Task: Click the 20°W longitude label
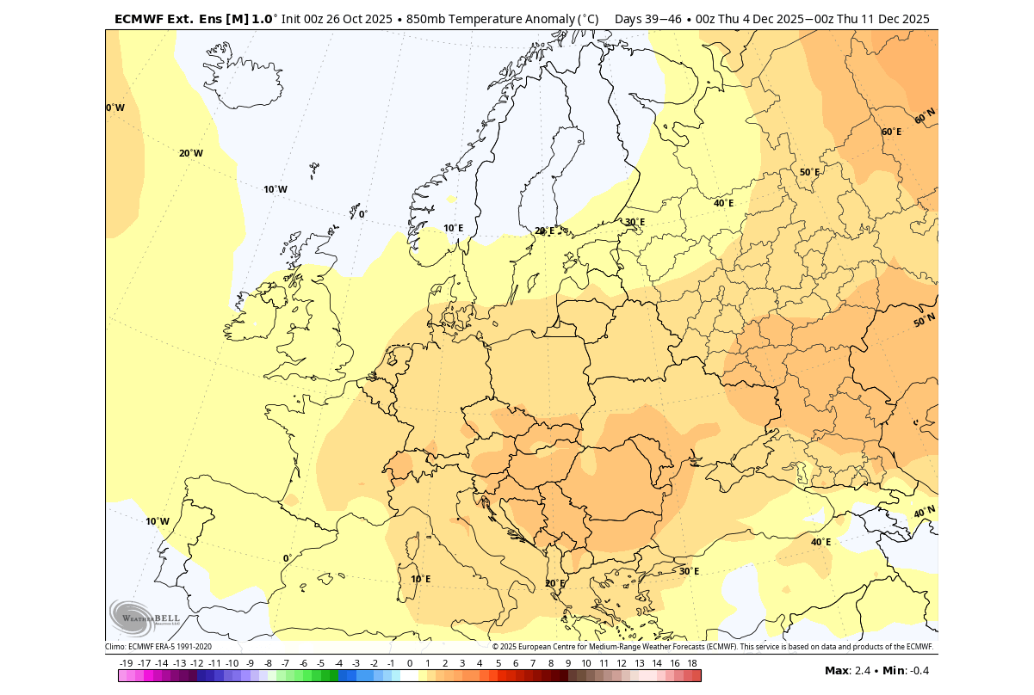tap(191, 153)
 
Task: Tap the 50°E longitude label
tap(809, 172)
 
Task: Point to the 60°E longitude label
tap(891, 132)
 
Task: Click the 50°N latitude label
tap(924, 320)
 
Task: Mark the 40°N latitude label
tap(924, 512)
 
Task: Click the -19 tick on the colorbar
tap(126, 663)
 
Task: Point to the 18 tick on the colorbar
tap(692, 663)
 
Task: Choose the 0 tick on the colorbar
tap(409, 663)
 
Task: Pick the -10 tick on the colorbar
tap(232, 663)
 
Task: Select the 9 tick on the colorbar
tap(568, 663)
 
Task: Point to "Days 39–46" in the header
tap(644, 19)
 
